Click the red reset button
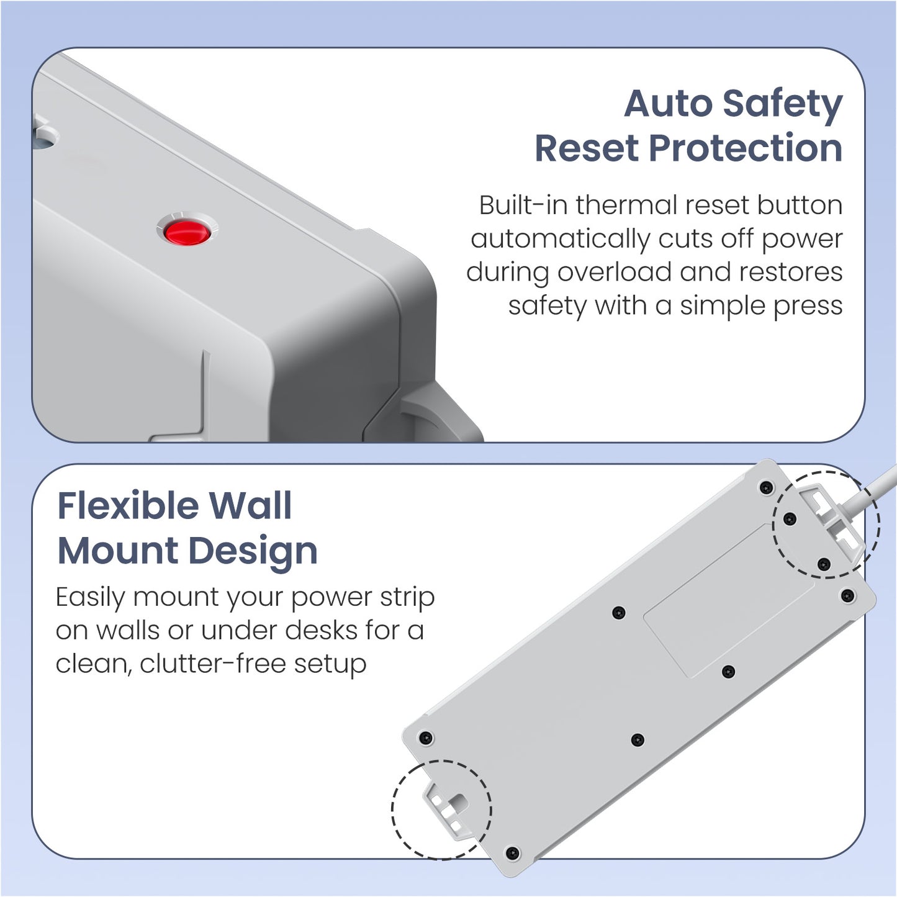coord(187,232)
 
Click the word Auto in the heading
coord(668,103)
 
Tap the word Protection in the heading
coord(746,148)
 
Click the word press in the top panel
coord(808,307)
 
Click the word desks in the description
coord(321,630)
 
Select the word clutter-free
coord(212,664)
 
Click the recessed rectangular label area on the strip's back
coord(729,600)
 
